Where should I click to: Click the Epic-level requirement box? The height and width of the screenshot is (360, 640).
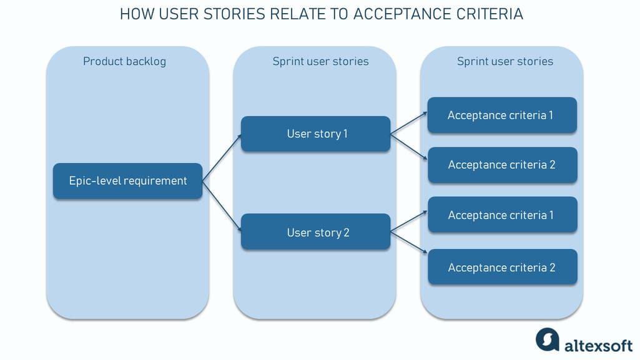[127, 181]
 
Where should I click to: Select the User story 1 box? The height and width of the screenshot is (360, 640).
[315, 134]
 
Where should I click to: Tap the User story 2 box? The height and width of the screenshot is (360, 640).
[315, 232]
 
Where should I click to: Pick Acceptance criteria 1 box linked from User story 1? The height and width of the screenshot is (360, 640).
[501, 115]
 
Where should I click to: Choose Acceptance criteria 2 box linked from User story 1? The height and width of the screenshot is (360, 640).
[501, 165]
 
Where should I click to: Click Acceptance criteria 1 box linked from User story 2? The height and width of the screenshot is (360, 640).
[501, 215]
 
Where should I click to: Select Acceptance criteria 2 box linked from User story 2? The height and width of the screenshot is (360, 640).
[501, 267]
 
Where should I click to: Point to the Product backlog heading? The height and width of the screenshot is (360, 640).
[124, 61]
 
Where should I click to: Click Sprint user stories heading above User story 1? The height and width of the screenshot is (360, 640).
[320, 61]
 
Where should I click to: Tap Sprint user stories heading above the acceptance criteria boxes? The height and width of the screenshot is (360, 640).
[505, 61]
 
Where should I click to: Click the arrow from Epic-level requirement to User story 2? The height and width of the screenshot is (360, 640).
[222, 206]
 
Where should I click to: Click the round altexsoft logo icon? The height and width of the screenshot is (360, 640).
[548, 339]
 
